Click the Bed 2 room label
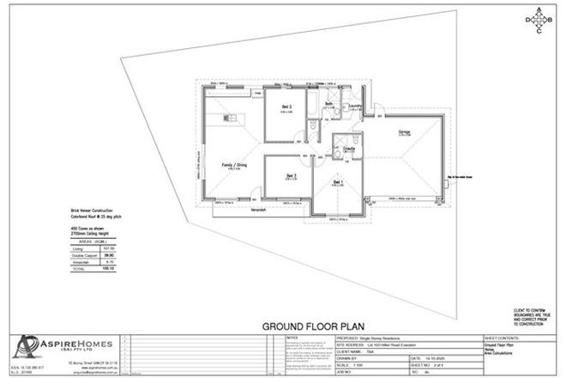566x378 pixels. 287,107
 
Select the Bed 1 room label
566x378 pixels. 337,182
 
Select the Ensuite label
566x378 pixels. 349,149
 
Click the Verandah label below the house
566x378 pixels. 261,208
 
